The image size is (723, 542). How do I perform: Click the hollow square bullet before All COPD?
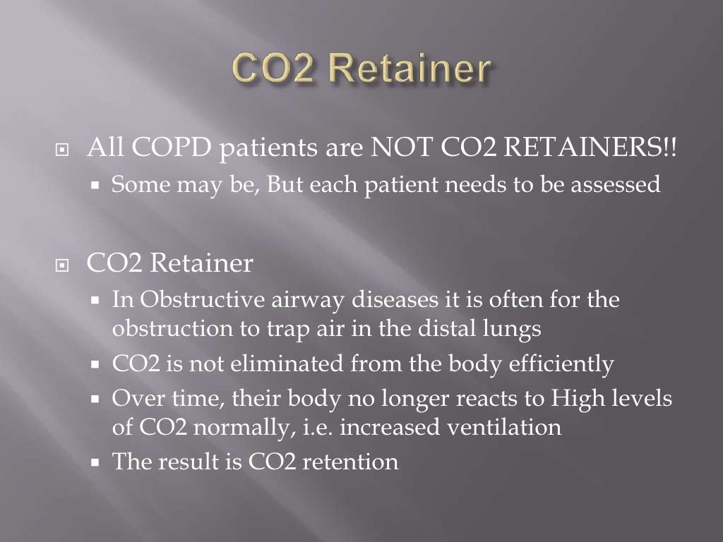(64, 151)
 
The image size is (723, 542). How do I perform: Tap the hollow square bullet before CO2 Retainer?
(64, 265)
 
